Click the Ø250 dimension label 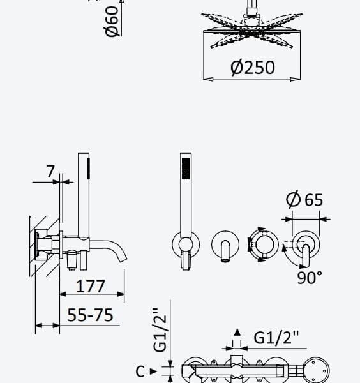(253, 67)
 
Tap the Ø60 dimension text (111, 22)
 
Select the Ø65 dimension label (304, 199)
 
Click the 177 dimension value (91, 286)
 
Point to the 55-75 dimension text (90, 315)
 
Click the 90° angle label (310, 278)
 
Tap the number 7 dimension (50, 171)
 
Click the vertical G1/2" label (160, 330)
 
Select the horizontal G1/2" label (276, 338)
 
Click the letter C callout (140, 372)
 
